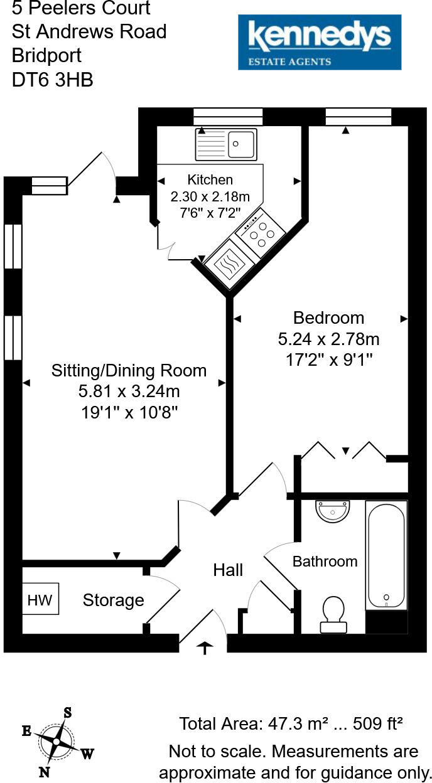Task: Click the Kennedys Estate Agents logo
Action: point(319,42)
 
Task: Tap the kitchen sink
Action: point(227,144)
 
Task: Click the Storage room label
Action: point(113,600)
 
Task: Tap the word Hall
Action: point(228,570)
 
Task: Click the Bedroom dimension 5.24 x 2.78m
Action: point(328,339)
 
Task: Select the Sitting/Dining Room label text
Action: point(129,370)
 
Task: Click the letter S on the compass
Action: point(67,713)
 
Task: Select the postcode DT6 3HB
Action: point(53,80)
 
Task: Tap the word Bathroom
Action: point(325,562)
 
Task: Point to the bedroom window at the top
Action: point(359,117)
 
